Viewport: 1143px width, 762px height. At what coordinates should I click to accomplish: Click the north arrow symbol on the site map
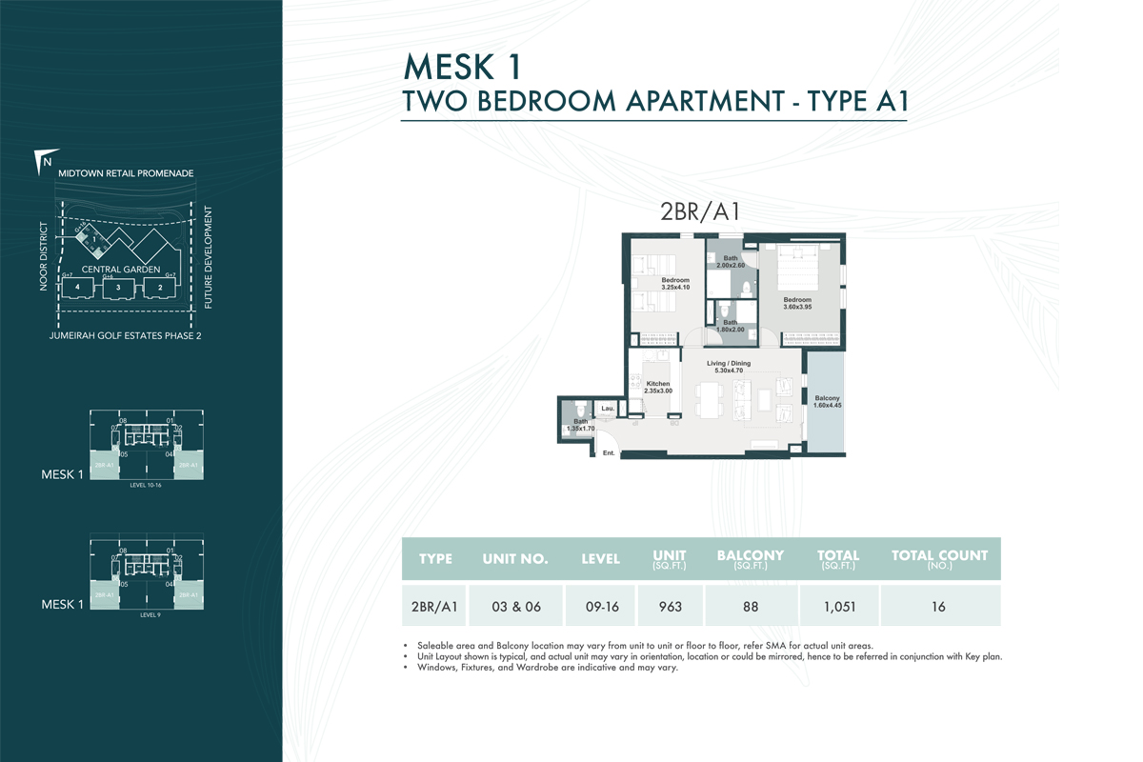[43, 161]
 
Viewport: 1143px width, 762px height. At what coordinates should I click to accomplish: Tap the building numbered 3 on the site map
[118, 288]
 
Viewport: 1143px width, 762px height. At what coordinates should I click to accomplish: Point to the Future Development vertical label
[208, 257]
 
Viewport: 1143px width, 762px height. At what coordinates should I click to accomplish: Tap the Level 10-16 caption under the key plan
[147, 485]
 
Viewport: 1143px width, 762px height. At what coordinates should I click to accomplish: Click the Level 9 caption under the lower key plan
[147, 615]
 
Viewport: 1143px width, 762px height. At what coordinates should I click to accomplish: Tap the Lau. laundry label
[606, 408]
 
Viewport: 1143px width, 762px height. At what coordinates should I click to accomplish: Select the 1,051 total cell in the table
[838, 606]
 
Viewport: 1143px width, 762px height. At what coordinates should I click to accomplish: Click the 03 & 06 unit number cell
[515, 606]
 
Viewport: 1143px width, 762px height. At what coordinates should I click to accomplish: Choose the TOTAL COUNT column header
[939, 559]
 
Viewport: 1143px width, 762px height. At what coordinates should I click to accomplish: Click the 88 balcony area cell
[750, 606]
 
